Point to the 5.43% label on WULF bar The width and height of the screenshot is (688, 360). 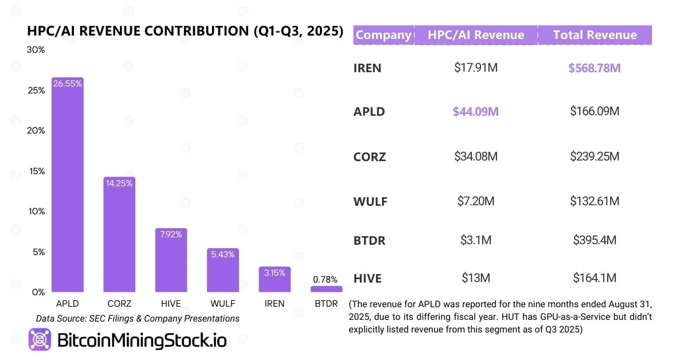pos(222,255)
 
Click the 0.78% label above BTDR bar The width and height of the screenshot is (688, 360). pos(326,280)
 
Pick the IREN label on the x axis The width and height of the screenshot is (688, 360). pos(274,304)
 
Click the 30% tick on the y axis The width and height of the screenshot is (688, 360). pos(36,50)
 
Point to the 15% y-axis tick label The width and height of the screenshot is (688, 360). pos(36,171)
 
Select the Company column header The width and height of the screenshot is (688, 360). pos(383,35)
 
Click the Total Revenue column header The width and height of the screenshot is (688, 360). pos(595,35)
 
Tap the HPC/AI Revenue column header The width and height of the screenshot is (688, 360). pos(476,35)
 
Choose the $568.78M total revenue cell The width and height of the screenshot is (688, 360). pos(595,68)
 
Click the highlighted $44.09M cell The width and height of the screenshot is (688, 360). pos(476,111)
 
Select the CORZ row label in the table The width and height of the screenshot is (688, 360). pos(370,156)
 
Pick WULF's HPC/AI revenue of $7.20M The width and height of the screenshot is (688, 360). pos(476,201)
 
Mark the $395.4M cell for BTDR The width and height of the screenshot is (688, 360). pos(595,240)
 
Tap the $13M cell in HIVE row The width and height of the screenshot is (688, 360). pos(476,279)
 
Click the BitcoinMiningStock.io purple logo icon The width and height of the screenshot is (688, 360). pos(40,339)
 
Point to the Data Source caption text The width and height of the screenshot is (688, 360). pos(138,318)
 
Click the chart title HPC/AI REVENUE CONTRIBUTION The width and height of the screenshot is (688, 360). pos(185,32)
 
